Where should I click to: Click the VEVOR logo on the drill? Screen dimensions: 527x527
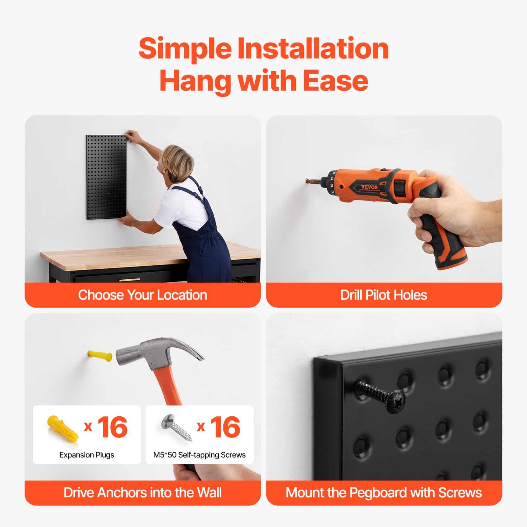coord(369,187)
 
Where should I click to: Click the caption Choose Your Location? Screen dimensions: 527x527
coord(143,295)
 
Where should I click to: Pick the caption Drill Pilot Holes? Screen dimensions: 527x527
coord(384,295)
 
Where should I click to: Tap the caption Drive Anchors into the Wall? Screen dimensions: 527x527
coord(143,493)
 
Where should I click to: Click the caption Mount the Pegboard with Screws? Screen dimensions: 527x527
coord(384,493)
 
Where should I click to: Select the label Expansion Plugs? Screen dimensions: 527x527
coord(87,455)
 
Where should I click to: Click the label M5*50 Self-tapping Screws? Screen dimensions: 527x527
coord(199,455)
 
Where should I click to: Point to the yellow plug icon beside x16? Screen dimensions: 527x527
coord(62,428)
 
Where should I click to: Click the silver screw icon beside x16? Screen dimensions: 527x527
coord(177,428)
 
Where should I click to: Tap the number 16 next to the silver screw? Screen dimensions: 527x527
coord(225,427)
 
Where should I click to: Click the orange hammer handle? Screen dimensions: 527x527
coord(170,389)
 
